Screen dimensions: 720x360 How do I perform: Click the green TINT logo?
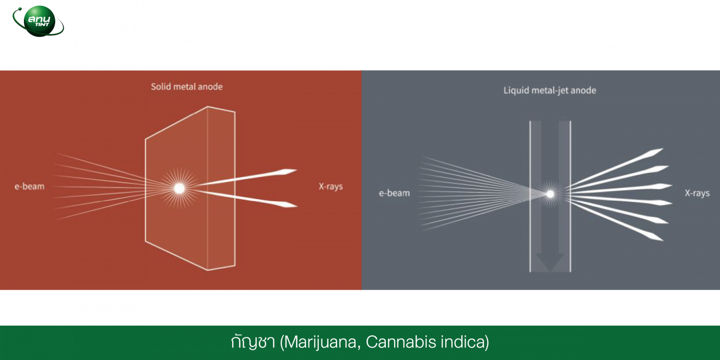[38, 22]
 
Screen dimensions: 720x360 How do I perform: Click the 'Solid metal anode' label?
[187, 87]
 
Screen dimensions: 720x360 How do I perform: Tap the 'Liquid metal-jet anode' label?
[550, 90]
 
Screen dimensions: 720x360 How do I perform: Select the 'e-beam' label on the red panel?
[30, 187]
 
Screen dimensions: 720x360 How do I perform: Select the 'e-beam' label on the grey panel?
[394, 193]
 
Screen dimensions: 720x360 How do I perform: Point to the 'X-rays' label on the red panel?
[331, 187]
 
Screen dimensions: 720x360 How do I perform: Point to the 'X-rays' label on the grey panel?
[697, 193]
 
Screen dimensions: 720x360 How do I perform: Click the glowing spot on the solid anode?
[179, 188]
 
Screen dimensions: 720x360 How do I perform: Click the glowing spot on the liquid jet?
[550, 194]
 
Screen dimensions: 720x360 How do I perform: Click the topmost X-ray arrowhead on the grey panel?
[654, 152]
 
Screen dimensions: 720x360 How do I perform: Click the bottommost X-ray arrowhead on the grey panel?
[654, 237]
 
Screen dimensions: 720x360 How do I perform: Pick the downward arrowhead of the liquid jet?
[550, 262]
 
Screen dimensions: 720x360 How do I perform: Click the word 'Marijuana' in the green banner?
[320, 342]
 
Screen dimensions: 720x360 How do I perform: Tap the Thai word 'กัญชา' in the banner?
[253, 342]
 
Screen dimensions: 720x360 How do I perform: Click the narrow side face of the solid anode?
[221, 188]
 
